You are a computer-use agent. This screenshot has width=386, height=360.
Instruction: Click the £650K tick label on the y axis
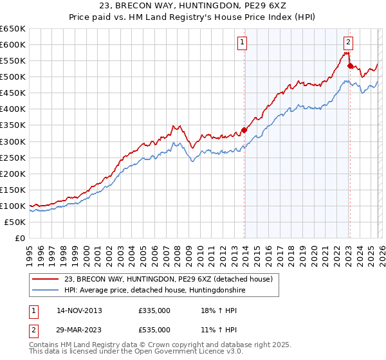[13, 29]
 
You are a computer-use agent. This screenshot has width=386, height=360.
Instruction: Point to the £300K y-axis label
[13, 141]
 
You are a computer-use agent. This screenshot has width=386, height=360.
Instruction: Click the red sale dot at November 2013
[244, 130]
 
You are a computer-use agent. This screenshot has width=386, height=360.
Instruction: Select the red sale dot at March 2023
[350, 66]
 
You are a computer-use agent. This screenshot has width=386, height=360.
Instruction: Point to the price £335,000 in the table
[154, 310]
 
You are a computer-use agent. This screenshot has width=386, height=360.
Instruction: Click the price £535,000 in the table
[154, 329]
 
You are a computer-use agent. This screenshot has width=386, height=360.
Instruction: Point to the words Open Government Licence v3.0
[177, 353]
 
